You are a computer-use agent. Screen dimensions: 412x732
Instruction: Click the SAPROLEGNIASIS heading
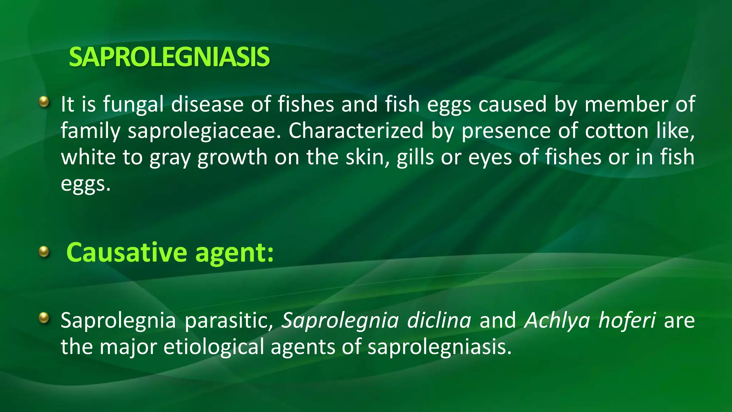click(x=169, y=57)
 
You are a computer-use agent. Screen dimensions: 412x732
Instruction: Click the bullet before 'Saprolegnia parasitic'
click(x=44, y=317)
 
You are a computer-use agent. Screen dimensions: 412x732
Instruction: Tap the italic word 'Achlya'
click(x=557, y=321)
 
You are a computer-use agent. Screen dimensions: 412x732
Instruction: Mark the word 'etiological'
click(x=213, y=347)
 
